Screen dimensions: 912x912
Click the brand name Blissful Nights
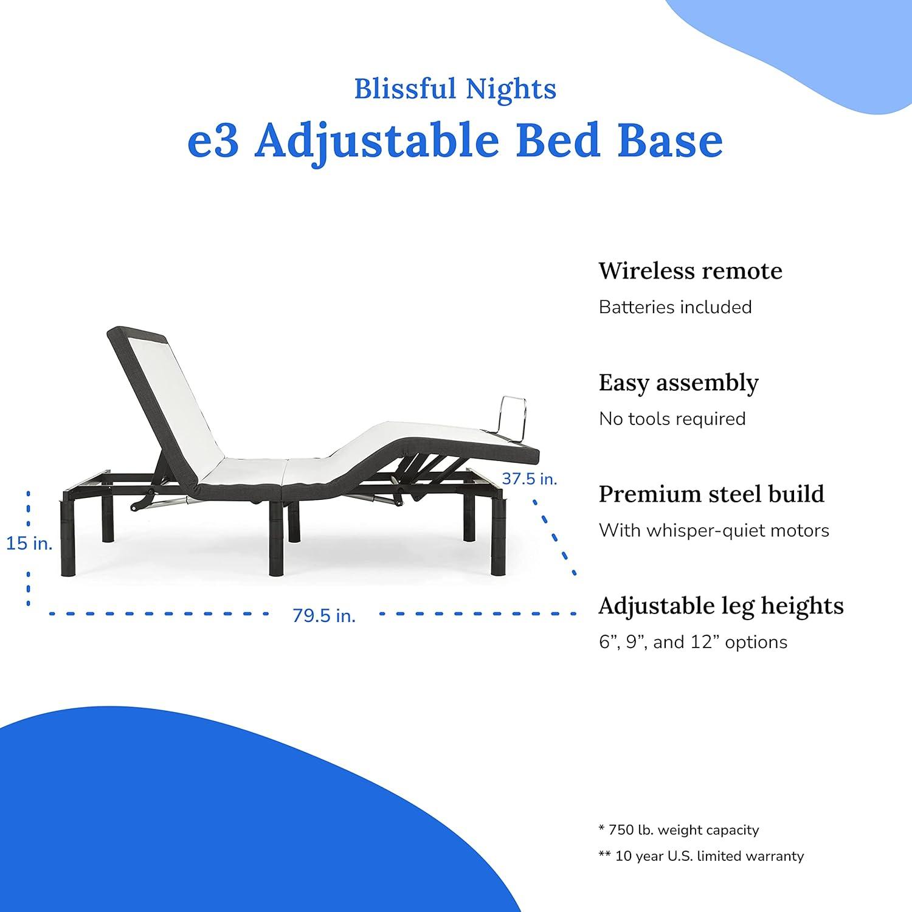455,89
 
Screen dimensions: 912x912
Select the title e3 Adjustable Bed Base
455,141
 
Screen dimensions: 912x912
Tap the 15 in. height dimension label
29,543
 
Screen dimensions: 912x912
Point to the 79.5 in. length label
324,615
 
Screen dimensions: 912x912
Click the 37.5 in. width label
529,479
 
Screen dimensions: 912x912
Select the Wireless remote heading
690,271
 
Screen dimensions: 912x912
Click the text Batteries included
675,307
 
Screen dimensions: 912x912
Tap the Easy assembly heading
679,383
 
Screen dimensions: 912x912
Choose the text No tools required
672,419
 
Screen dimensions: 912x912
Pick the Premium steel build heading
711,494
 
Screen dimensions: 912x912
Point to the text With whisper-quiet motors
714,530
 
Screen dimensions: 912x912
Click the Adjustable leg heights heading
721,606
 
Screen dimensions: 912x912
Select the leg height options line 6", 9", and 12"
693,642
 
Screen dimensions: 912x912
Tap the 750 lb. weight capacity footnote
679,830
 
